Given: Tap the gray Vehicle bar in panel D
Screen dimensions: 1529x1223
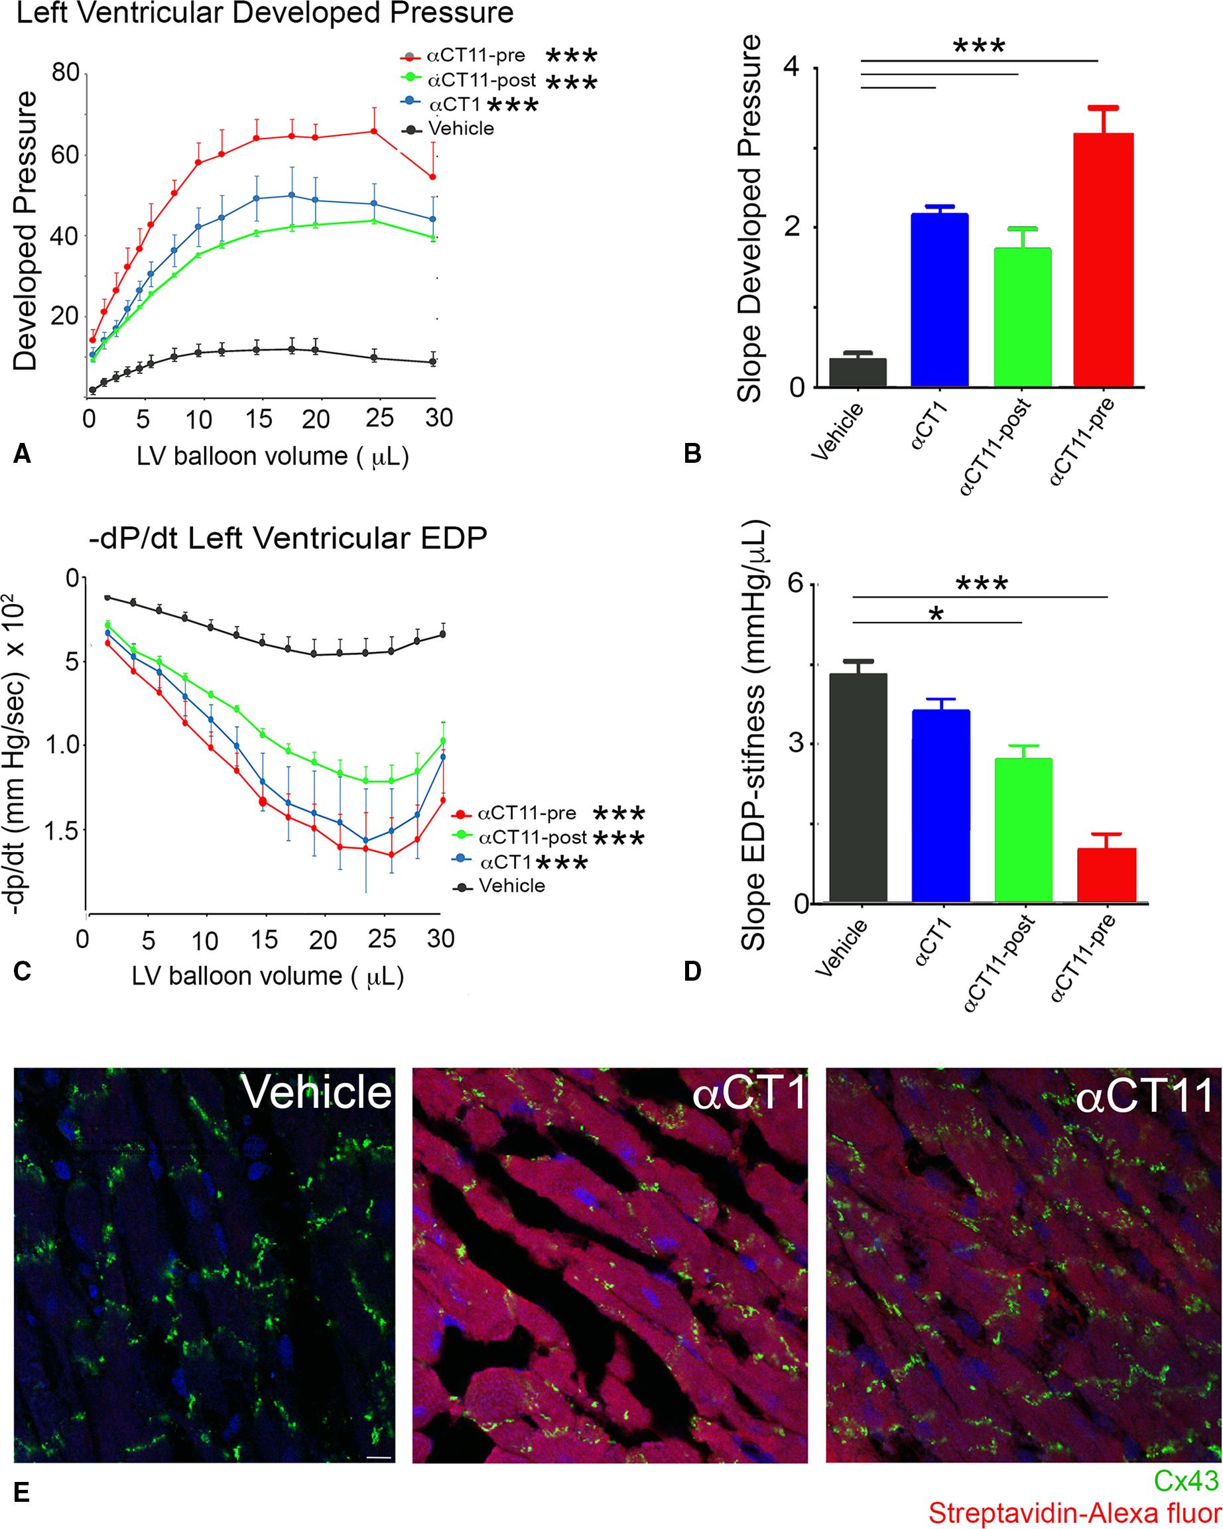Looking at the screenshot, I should (x=858, y=788).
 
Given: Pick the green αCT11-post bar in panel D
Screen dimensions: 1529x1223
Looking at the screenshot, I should (x=1022, y=830).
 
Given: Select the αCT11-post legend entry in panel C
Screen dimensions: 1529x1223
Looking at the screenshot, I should (x=533, y=837).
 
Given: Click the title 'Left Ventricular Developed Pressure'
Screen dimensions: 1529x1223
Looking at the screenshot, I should (x=264, y=14).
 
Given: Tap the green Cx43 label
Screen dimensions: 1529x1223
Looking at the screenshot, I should (x=1185, y=1480).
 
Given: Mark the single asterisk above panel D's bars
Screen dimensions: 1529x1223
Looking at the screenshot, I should (x=936, y=614).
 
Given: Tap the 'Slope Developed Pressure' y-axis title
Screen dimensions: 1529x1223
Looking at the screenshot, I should (x=747, y=220).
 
